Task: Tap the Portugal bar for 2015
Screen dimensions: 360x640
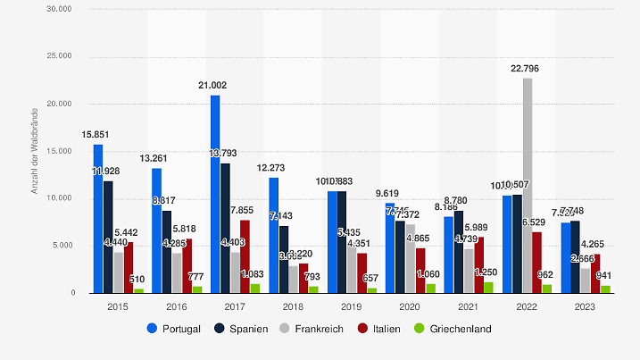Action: tap(98, 219)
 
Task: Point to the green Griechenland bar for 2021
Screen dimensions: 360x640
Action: tap(488, 288)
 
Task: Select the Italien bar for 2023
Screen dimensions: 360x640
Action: tap(595, 273)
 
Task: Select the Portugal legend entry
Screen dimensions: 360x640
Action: tap(174, 328)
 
